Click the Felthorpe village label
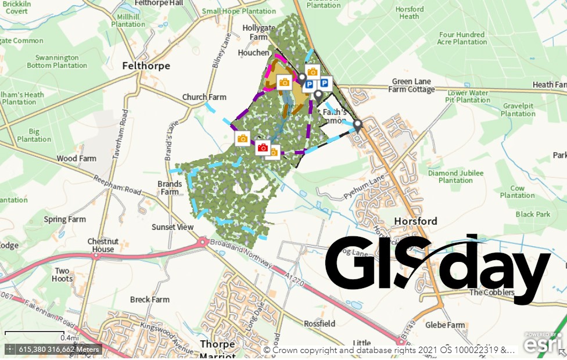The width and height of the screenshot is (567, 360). tap(146, 66)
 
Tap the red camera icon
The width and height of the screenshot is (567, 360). tap(263, 148)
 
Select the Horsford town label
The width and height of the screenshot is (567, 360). tap(415, 221)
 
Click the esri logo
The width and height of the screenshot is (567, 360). tap(542, 343)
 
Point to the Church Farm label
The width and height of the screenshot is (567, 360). tap(204, 97)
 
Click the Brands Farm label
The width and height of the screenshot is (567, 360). tap(170, 188)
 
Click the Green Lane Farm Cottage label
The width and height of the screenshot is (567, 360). tap(412, 85)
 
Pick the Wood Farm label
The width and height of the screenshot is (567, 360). tap(76, 159)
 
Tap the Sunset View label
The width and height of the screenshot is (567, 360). tap(172, 227)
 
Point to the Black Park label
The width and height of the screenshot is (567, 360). tap(533, 214)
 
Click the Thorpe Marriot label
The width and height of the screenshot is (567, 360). tap(217, 349)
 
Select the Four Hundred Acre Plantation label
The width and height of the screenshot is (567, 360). tap(463, 38)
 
